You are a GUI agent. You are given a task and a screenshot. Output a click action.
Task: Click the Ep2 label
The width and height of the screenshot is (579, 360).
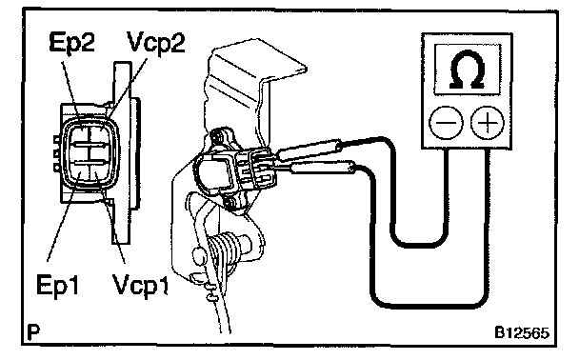(x=72, y=43)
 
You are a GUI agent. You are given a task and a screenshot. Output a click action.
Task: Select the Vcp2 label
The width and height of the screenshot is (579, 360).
(x=155, y=43)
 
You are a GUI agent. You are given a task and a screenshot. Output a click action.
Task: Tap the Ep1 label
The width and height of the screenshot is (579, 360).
(x=58, y=285)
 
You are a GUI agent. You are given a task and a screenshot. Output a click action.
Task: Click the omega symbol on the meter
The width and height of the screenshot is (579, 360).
(x=468, y=70)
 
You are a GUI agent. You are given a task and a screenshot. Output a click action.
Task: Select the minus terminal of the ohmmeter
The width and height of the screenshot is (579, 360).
(x=446, y=122)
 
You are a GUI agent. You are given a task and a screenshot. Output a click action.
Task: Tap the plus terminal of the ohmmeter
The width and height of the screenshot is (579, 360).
(x=488, y=122)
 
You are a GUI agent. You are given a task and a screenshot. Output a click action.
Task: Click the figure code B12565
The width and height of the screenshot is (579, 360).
(x=522, y=332)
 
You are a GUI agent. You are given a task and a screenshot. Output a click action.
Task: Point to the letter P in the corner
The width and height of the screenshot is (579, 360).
(x=33, y=332)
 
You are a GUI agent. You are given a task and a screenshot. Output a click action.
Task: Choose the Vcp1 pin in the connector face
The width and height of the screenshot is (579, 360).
(x=98, y=171)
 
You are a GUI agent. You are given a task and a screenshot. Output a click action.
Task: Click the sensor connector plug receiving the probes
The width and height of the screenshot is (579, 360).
(x=255, y=169)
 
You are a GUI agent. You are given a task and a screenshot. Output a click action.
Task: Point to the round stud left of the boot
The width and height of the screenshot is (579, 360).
(x=200, y=256)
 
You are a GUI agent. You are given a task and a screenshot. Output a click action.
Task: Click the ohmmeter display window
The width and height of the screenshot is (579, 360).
(x=468, y=70)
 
